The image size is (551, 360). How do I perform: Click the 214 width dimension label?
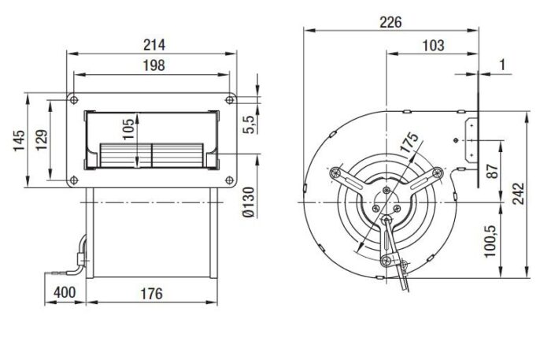pos(154,45)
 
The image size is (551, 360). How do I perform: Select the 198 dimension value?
pos(154,65)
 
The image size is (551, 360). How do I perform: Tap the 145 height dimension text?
pos(20,140)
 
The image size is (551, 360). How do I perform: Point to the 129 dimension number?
pos(41,140)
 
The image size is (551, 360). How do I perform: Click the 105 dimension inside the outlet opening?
pos(128,129)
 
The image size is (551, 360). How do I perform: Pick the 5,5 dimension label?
pos(249,124)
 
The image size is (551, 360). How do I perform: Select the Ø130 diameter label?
pos(249,202)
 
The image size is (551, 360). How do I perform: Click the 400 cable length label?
pos(65,292)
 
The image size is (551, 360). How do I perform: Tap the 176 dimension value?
pos(152,294)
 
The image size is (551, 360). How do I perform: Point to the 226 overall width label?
pos(390,23)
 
